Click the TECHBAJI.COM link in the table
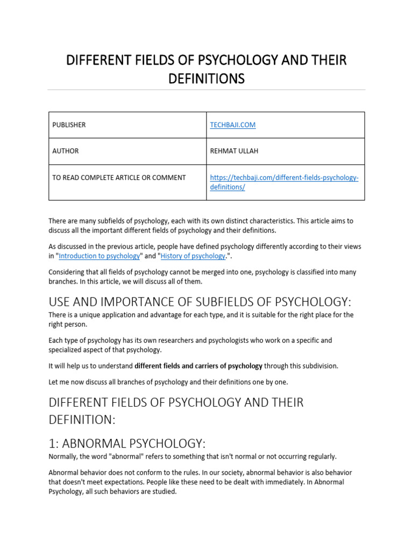tap(232, 125)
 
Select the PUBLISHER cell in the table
tap(69, 125)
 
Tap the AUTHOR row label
tap(65, 151)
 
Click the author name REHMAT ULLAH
tap(234, 151)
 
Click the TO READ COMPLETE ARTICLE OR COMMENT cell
tap(119, 178)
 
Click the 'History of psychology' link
tap(193, 256)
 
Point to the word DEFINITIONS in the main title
tap(206, 79)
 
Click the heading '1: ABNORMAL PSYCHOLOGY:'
tap(127, 444)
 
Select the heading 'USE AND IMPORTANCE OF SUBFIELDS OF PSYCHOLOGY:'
tap(203, 301)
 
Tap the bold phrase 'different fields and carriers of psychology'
tap(198, 366)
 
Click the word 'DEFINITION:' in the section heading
tap(82, 419)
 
